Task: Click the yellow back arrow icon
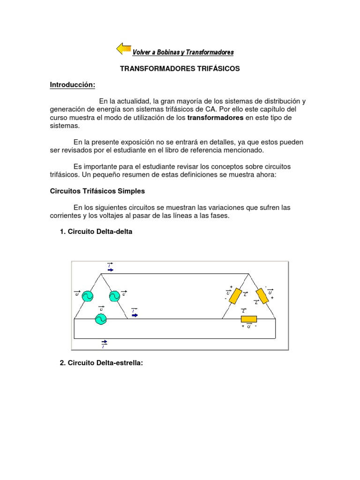click(124, 48)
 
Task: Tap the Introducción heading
click(73, 85)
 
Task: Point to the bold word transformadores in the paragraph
click(215, 118)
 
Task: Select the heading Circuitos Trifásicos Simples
click(97, 191)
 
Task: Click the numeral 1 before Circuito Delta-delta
click(62, 232)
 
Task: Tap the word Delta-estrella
click(119, 363)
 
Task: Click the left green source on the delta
click(87, 296)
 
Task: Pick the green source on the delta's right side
click(114, 296)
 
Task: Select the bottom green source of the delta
click(100, 319)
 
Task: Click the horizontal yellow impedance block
click(248, 319)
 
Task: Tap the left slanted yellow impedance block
click(235, 296)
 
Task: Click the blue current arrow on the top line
click(110, 270)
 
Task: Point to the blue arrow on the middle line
click(135, 315)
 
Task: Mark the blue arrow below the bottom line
click(104, 342)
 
